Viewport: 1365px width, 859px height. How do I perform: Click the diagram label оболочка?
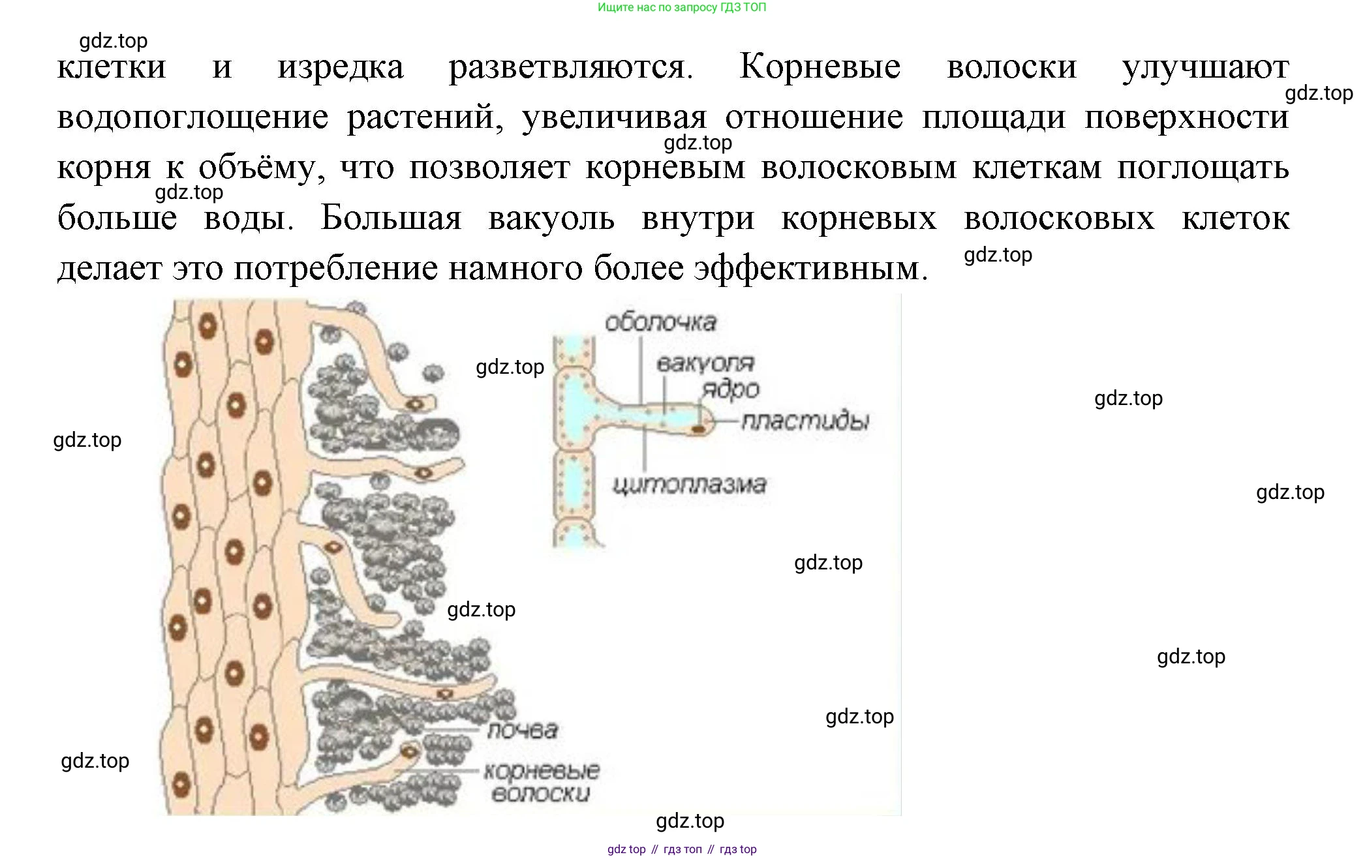coord(660,322)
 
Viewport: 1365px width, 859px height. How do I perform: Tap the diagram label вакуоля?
coord(705,363)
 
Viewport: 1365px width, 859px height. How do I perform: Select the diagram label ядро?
coord(731,389)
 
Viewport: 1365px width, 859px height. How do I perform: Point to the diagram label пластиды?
coord(806,421)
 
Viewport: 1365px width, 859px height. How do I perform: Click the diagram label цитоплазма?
coord(689,485)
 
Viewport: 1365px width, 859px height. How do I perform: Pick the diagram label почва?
coord(523,730)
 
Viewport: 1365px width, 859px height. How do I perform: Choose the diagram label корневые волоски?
coord(542,782)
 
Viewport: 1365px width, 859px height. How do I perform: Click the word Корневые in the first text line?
coord(820,67)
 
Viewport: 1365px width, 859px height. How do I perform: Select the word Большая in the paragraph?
coord(391,217)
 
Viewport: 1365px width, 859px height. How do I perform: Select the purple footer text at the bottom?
coord(682,849)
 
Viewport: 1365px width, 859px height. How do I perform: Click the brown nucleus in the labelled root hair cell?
coord(698,429)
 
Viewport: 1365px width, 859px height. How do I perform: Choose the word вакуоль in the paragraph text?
coord(551,219)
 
